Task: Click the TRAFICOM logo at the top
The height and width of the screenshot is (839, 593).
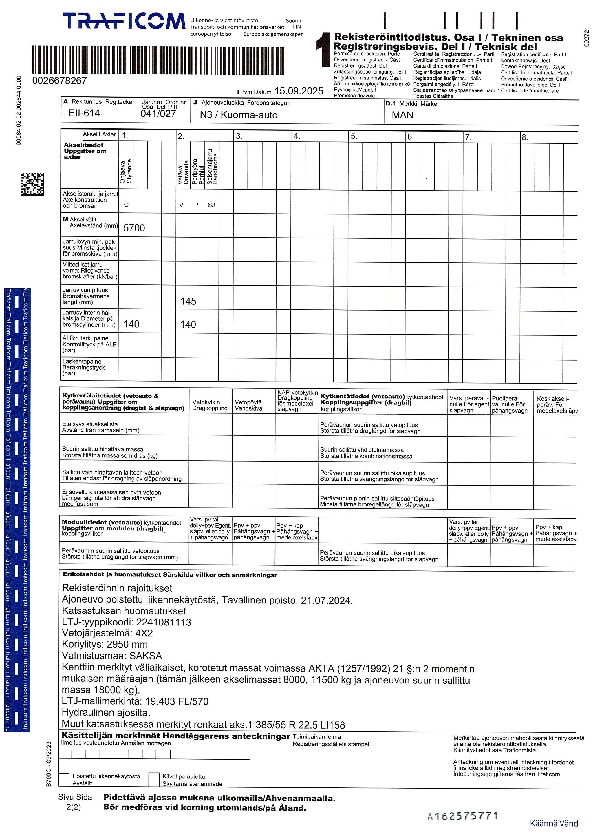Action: [x=124, y=21]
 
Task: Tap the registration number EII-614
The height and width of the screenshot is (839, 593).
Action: [x=84, y=113]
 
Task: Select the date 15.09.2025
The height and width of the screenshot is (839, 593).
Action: [x=299, y=91]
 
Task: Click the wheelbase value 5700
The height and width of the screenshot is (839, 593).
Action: [x=134, y=228]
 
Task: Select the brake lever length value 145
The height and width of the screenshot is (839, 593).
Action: [x=188, y=302]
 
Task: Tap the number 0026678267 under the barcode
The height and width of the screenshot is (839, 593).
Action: [x=60, y=80]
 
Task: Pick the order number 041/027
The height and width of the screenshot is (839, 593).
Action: [x=158, y=114]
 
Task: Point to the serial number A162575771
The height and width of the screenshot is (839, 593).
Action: [x=463, y=816]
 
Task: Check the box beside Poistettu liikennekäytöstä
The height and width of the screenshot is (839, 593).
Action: [x=64, y=779]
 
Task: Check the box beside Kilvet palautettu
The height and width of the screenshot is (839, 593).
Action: [x=154, y=779]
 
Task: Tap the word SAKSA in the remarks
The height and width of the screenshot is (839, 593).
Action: [x=146, y=656]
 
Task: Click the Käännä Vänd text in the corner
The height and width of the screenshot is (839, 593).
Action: [x=554, y=824]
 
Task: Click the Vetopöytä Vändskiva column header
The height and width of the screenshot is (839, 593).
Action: [x=248, y=405]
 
